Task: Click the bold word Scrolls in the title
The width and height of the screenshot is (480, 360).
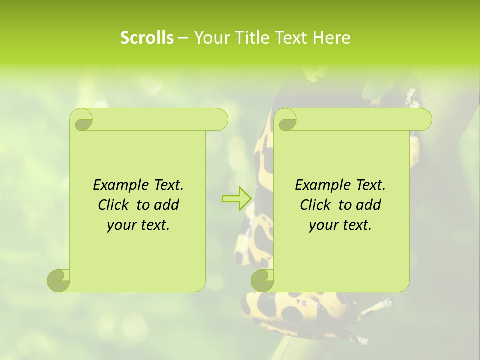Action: coord(147,37)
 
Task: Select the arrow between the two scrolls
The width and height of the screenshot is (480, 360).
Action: coord(237,198)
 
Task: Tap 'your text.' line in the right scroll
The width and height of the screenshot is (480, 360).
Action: coord(340,225)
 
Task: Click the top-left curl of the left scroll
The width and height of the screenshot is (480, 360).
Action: coord(81,120)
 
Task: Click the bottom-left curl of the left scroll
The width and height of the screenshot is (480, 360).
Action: coord(58,280)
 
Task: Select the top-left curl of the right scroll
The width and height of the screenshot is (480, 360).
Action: coord(285,120)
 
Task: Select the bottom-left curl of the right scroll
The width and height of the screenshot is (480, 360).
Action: coord(262,280)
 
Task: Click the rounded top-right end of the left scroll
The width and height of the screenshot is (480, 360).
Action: coord(220,120)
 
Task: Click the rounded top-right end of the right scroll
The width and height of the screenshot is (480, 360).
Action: coord(424,120)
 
